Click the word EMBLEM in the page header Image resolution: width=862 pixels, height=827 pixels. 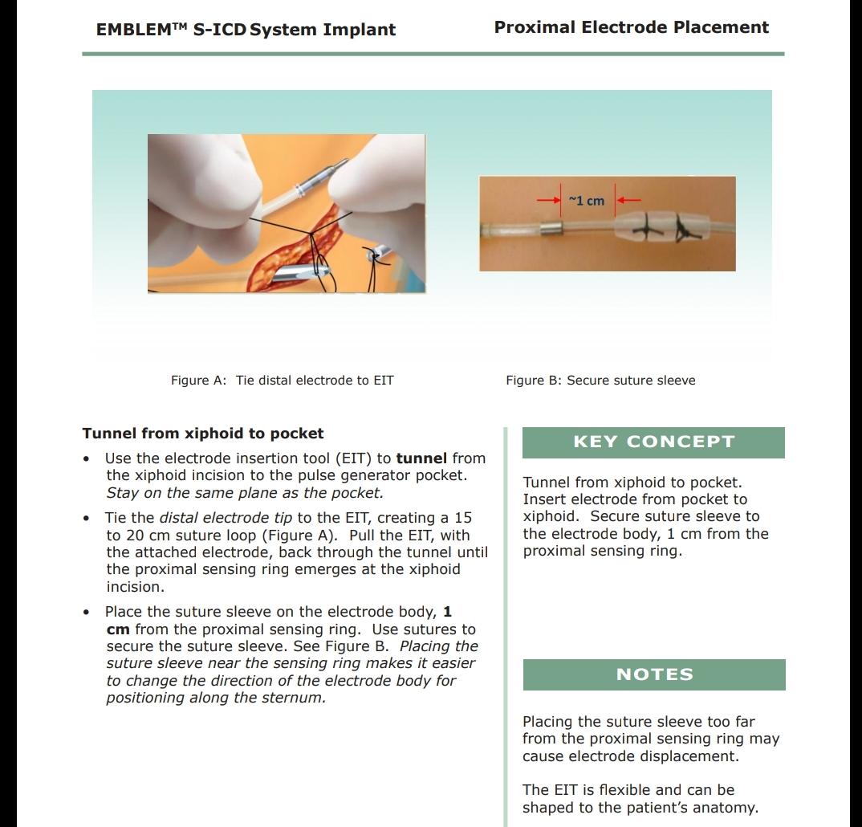(x=129, y=31)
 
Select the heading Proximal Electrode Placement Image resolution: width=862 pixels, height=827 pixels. (x=631, y=27)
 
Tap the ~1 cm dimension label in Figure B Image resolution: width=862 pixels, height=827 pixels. (x=586, y=201)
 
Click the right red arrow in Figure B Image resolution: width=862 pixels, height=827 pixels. (x=628, y=200)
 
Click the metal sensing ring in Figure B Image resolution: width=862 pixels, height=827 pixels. (x=551, y=230)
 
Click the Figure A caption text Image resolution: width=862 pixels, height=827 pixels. (x=282, y=381)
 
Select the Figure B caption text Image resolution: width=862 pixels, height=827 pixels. (x=600, y=381)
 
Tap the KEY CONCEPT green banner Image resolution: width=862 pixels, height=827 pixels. (x=653, y=442)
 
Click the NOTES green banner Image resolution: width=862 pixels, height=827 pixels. (x=653, y=674)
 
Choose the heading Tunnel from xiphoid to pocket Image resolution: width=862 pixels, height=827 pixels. (x=203, y=434)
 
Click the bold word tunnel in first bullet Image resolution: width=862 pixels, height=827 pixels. (x=421, y=458)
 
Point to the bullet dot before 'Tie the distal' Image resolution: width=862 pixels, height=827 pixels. (x=86, y=519)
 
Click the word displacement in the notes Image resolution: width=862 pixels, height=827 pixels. (x=692, y=756)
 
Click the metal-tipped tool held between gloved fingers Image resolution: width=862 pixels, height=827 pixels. (x=321, y=172)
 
